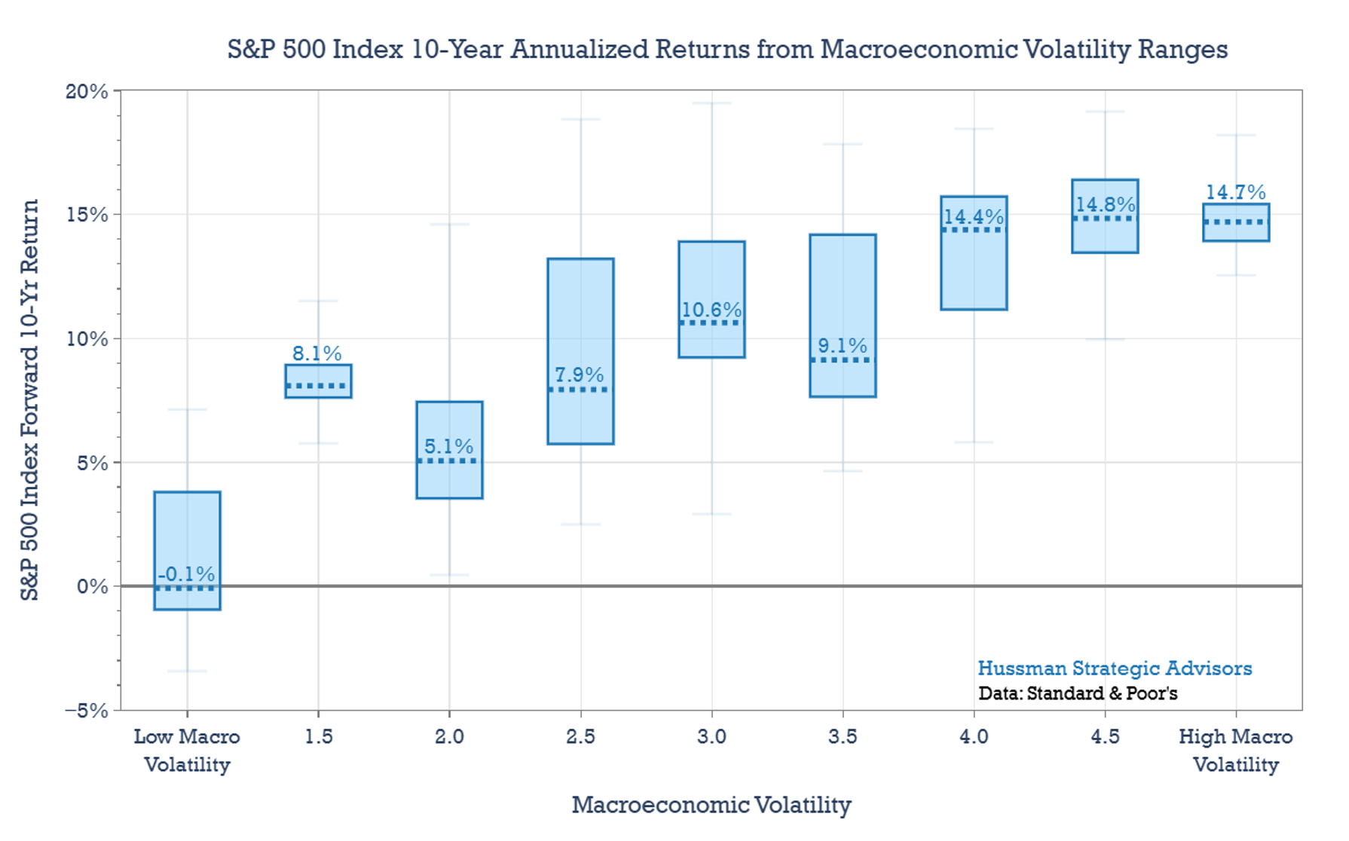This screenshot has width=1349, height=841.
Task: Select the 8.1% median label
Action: tap(317, 353)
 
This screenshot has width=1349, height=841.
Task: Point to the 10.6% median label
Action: tap(711, 310)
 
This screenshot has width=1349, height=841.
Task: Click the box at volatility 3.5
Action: tap(843, 286)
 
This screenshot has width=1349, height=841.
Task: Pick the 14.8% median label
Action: tap(1105, 204)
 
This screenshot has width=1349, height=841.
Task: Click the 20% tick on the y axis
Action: tap(87, 91)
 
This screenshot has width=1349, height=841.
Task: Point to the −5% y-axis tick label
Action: tap(87, 711)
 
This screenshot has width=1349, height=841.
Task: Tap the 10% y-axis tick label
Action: tap(87, 339)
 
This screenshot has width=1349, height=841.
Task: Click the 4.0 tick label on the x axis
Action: tap(974, 736)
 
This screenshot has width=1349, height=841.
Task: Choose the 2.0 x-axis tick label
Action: tap(449, 736)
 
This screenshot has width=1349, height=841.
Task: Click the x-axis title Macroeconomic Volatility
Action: tap(711, 805)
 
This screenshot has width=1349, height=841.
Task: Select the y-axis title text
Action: tap(29, 399)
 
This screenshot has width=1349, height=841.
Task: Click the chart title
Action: tap(727, 49)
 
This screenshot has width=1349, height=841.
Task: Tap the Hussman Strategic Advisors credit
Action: tap(1115, 668)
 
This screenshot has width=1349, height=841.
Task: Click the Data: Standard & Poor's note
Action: tap(1078, 693)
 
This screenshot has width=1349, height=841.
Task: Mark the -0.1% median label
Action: tap(186, 574)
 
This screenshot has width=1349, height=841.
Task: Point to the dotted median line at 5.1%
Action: tap(449, 460)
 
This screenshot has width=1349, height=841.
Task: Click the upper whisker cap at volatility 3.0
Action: tap(711, 103)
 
